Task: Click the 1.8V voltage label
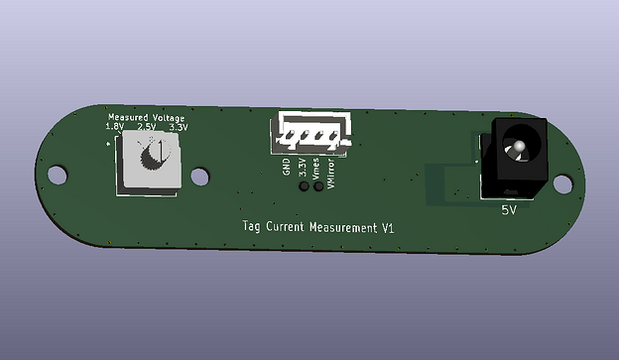[114, 127]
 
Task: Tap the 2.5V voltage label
[147, 127]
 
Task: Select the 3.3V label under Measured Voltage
[179, 128]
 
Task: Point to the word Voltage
[169, 118]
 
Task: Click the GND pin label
[287, 167]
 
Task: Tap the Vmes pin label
[315, 169]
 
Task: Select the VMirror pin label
[330, 174]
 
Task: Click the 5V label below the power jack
[509, 210]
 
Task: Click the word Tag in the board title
[252, 226]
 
